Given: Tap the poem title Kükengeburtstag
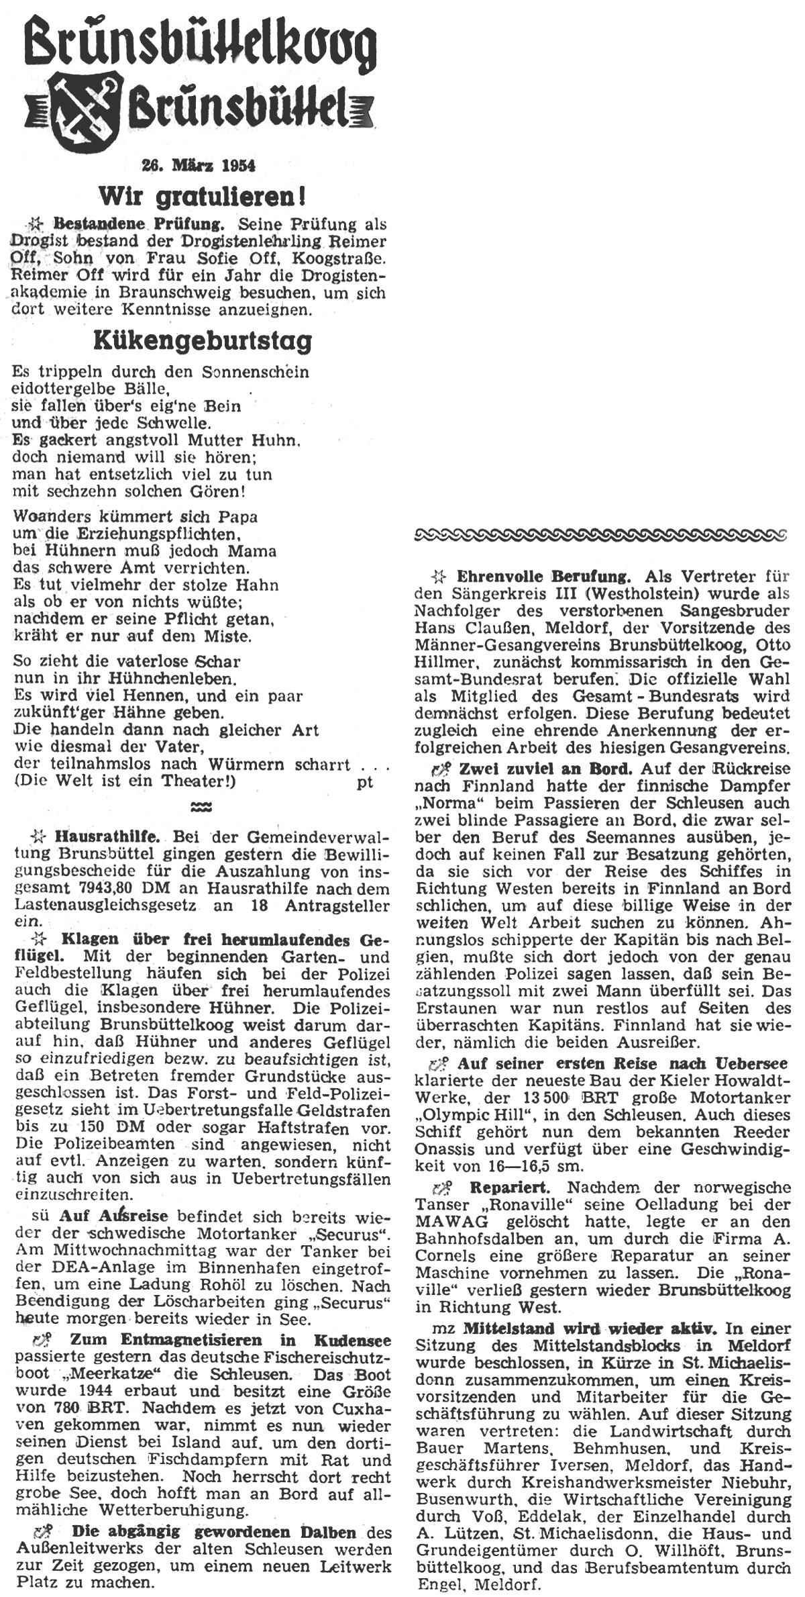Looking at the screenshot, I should pos(203,341).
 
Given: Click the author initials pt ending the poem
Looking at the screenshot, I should pos(365,782).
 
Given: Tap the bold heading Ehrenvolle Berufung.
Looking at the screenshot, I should pos(543,576).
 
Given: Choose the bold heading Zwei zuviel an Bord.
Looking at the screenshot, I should pos(545,769).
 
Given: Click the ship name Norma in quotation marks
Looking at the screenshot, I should pos(445,804).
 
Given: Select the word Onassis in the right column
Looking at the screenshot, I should pos(448,1149).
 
